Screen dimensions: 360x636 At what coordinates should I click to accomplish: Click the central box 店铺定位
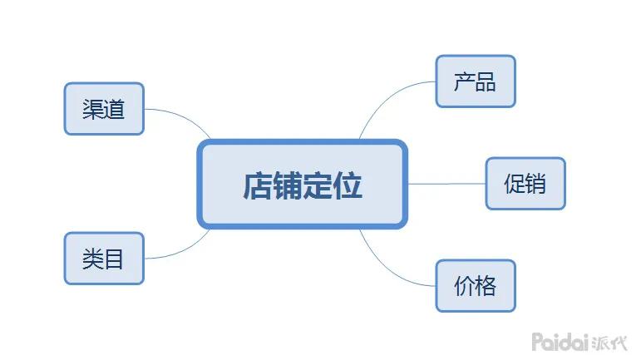point(303,184)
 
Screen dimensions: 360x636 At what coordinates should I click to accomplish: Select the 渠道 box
point(104,109)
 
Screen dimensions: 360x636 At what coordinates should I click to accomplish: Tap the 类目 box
point(104,259)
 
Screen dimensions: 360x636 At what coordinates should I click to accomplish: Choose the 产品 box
point(476,81)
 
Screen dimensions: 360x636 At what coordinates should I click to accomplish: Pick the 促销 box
point(525,183)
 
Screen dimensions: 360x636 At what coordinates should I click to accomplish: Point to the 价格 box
point(476,286)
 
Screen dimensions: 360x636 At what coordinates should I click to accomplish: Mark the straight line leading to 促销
point(446,184)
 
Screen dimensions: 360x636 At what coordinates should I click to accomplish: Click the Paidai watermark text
point(561,341)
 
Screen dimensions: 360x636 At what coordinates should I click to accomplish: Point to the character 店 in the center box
point(258,185)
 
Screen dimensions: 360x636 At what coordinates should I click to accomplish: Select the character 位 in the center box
point(348,185)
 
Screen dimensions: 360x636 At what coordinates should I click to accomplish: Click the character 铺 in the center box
point(288,185)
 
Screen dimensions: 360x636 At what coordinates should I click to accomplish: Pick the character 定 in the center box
point(318,185)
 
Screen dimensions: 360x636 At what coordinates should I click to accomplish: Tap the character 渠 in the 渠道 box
point(93,109)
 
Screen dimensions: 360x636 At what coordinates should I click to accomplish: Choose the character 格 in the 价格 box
point(486,286)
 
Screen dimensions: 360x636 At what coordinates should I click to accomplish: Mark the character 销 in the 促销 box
point(536,183)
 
